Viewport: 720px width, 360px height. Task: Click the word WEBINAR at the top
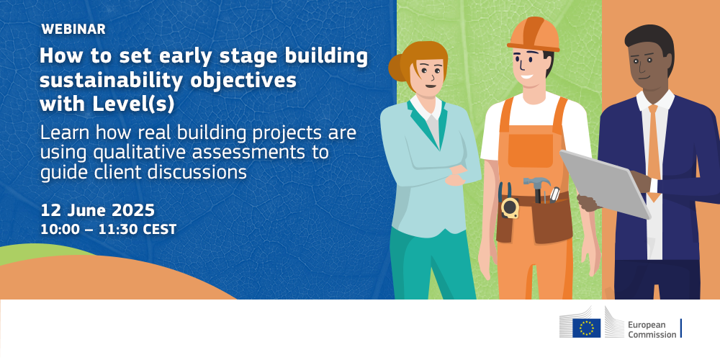[73, 30]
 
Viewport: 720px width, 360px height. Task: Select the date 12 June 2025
[97, 211]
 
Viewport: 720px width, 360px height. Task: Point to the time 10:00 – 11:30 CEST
[109, 230]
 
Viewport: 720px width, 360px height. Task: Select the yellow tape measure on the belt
[510, 208]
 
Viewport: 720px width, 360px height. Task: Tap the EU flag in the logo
[586, 328]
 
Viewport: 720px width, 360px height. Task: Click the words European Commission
[652, 330]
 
